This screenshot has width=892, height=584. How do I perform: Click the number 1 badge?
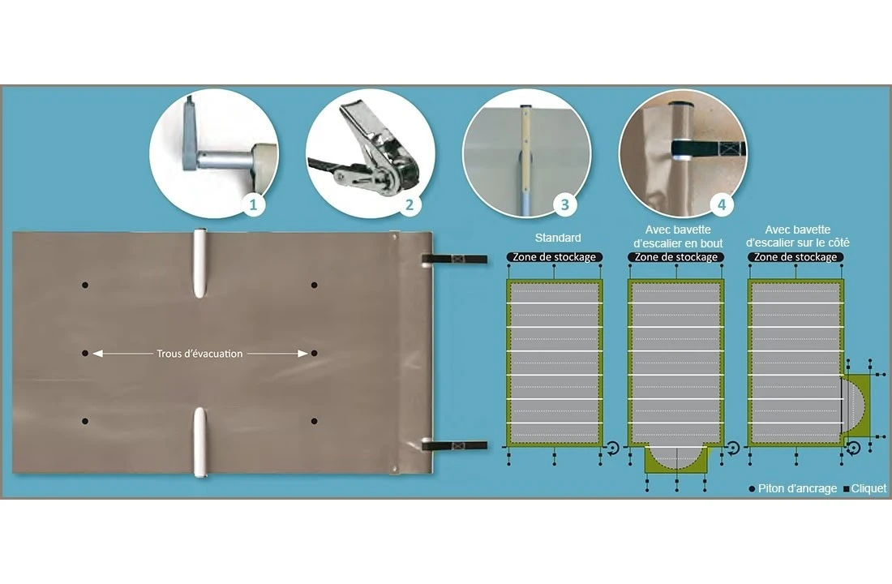[x=253, y=204]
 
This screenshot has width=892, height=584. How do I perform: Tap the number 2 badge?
[x=410, y=204]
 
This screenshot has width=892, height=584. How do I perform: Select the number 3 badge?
[x=565, y=204]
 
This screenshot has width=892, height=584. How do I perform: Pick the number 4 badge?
[x=722, y=204]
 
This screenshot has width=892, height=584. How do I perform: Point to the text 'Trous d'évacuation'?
[x=199, y=354]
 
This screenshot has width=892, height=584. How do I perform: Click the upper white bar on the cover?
[x=199, y=264]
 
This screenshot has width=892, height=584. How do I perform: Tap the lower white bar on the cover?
[x=199, y=442]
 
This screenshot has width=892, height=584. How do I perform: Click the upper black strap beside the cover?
[x=455, y=259]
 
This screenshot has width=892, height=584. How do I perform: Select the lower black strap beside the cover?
[x=455, y=445]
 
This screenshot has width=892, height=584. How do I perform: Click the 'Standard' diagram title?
[x=558, y=238]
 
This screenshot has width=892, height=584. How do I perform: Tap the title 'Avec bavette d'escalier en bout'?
[x=678, y=236]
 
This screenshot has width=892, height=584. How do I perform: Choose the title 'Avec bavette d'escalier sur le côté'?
[x=798, y=236]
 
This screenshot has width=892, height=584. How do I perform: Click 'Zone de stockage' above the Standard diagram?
[x=554, y=257]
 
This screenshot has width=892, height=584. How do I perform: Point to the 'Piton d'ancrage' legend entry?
[x=793, y=488]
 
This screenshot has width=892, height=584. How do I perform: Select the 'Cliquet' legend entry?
[x=864, y=488]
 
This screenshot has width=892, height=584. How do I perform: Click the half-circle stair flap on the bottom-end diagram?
[x=675, y=457]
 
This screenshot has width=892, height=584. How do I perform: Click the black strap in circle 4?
[x=708, y=149]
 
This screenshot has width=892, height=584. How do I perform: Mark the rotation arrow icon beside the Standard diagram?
[x=612, y=448]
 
